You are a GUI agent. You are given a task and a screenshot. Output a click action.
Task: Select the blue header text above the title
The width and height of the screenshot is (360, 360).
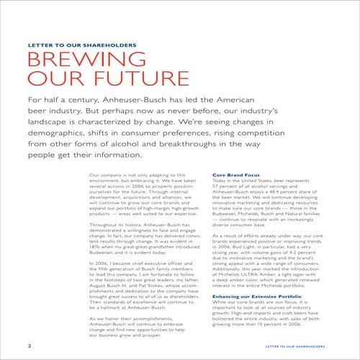[81, 45]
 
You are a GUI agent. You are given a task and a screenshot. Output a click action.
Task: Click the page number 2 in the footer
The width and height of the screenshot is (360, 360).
[28, 345]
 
